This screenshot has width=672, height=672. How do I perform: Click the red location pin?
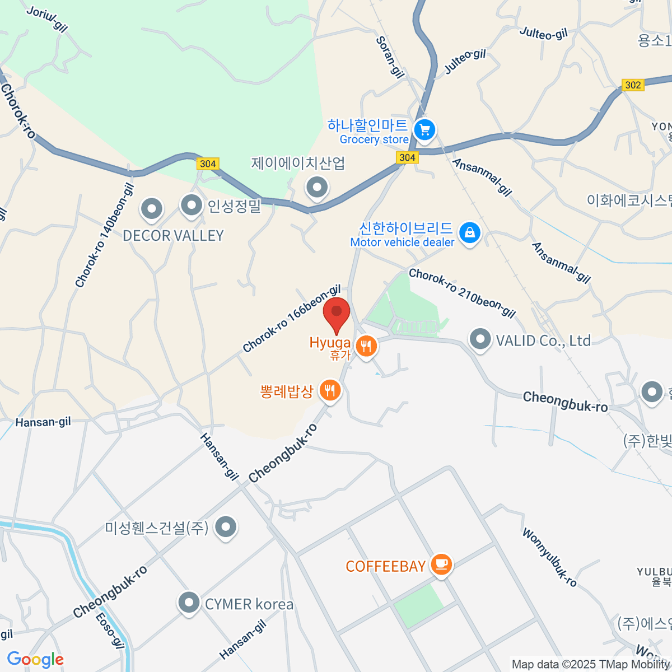coord(337,313)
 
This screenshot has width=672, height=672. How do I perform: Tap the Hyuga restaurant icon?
coord(366,347)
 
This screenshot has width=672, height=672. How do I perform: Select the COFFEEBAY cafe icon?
coord(441,564)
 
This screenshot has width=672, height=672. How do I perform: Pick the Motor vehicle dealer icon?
coord(469,232)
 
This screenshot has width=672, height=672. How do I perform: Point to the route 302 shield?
coord(633,85)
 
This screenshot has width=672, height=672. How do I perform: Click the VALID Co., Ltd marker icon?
coord(480,339)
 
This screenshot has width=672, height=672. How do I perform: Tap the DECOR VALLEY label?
coord(173,236)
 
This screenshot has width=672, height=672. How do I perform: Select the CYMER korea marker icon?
coord(189,603)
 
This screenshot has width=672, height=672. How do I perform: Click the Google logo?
coord(35,660)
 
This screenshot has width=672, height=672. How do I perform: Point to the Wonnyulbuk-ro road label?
coord(549,557)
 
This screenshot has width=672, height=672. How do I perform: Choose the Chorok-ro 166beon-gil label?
coord(292,319)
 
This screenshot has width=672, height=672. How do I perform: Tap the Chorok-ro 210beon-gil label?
coord(462,293)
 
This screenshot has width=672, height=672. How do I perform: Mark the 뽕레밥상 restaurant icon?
coord(330,390)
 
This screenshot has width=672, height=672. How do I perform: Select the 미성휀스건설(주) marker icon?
coord(226,526)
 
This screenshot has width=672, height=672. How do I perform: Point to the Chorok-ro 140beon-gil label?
coord(105,236)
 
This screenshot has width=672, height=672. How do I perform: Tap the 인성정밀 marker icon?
coord(192,206)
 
